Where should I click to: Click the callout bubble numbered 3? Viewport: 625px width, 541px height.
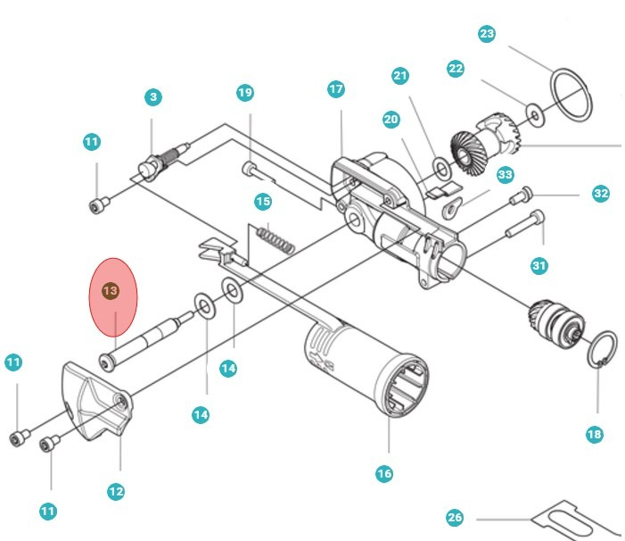(x=153, y=96)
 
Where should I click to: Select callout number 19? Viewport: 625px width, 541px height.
(x=245, y=93)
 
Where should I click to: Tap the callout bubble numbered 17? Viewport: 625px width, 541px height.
(x=335, y=89)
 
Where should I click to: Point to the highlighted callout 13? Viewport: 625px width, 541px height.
(x=110, y=292)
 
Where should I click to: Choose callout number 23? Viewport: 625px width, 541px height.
(x=486, y=34)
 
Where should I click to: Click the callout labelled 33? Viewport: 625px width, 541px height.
(x=506, y=175)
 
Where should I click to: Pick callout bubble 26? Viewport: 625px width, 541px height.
(x=455, y=518)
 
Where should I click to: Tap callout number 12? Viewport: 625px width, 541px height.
(x=116, y=490)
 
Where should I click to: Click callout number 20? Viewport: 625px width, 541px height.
(x=391, y=119)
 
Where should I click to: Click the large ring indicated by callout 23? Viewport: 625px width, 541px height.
(x=570, y=93)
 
